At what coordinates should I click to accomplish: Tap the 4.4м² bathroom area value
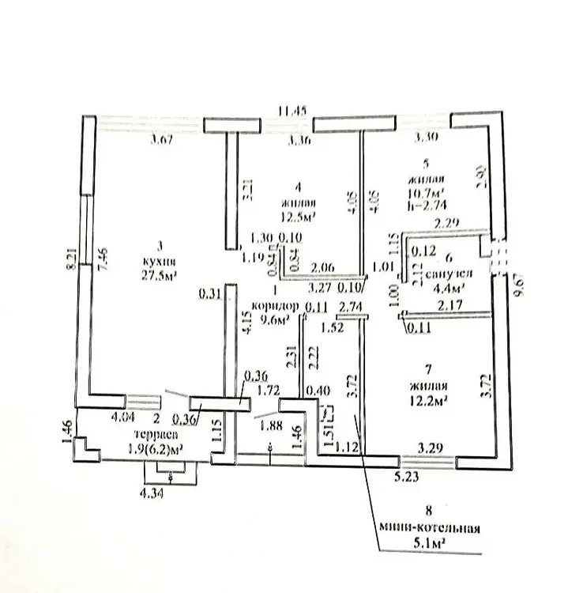447,287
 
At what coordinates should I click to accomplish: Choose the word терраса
154,436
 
